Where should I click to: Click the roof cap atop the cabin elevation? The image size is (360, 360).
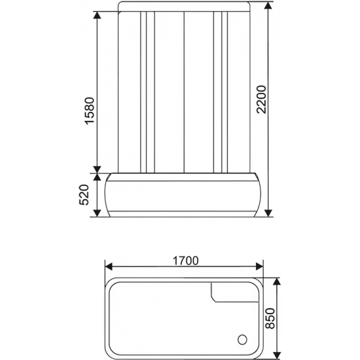click(x=183, y=7)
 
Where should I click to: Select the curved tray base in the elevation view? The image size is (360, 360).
click(x=183, y=196)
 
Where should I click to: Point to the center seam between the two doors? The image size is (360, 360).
click(x=184, y=92)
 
